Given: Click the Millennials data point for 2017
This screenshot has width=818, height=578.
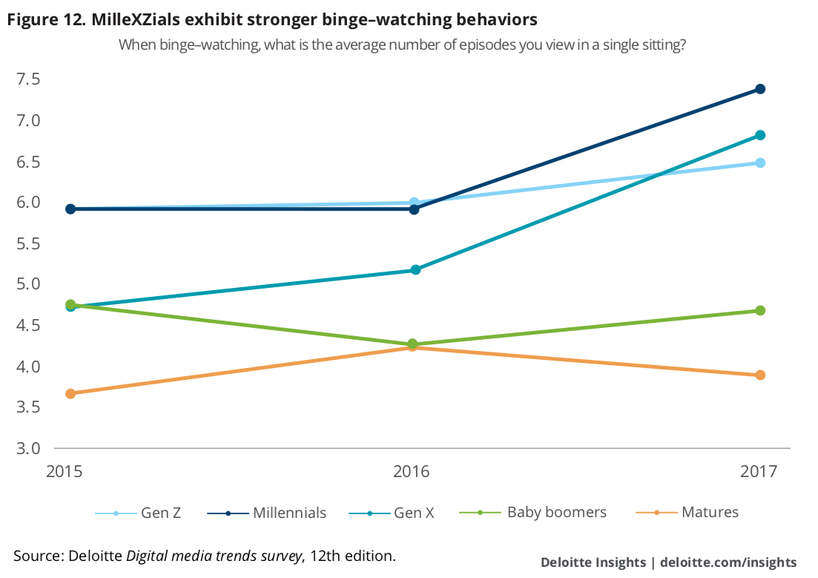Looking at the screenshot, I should (760, 89).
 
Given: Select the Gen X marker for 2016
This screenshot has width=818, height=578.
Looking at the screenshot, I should (415, 270).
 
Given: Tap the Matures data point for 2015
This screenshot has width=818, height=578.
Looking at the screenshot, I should (70, 393).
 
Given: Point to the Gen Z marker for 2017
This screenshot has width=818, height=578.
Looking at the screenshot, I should (760, 162).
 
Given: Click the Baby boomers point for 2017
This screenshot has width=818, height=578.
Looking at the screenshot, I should (760, 310).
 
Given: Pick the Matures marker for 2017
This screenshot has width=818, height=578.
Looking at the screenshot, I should (760, 375).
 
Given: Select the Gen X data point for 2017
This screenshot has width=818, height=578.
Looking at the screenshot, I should (760, 135).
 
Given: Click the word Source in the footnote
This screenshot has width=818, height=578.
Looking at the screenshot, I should (38, 555).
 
